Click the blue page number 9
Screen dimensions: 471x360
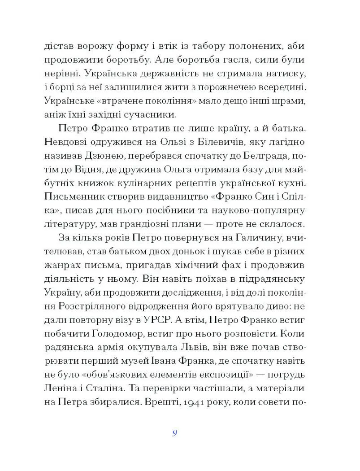click(x=174, y=433)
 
